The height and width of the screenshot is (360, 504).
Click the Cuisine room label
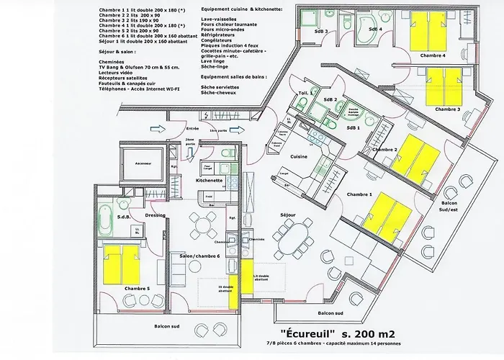coord(299,156)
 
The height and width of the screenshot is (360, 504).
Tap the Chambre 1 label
coord(359,194)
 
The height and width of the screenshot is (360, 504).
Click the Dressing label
coord(155,215)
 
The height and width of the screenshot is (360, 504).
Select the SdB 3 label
coord(320,32)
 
